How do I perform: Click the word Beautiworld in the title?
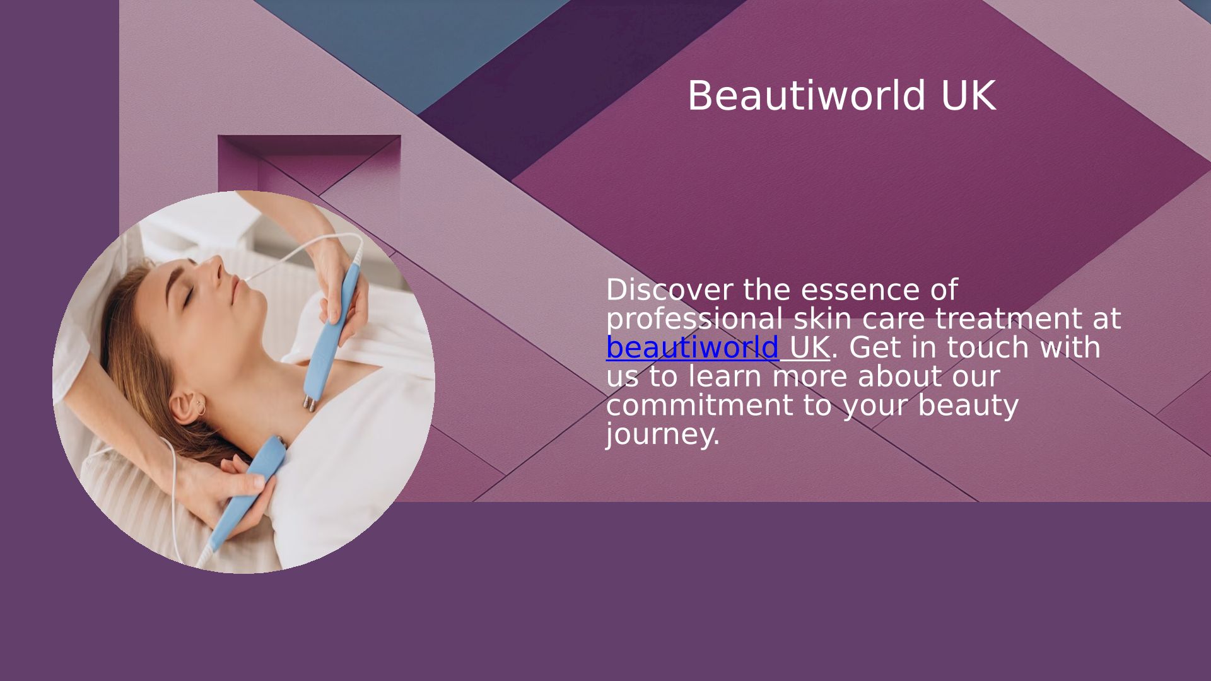click(807, 96)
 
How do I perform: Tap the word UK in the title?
click(968, 96)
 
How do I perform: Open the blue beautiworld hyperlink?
click(693, 347)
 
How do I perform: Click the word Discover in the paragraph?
click(669, 290)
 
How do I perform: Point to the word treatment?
click(1009, 319)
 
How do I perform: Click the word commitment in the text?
click(699, 405)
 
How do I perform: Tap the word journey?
click(662, 435)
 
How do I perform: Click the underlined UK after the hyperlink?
click(809, 347)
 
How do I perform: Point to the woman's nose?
click(213, 268)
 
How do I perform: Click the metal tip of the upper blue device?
click(308, 404)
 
